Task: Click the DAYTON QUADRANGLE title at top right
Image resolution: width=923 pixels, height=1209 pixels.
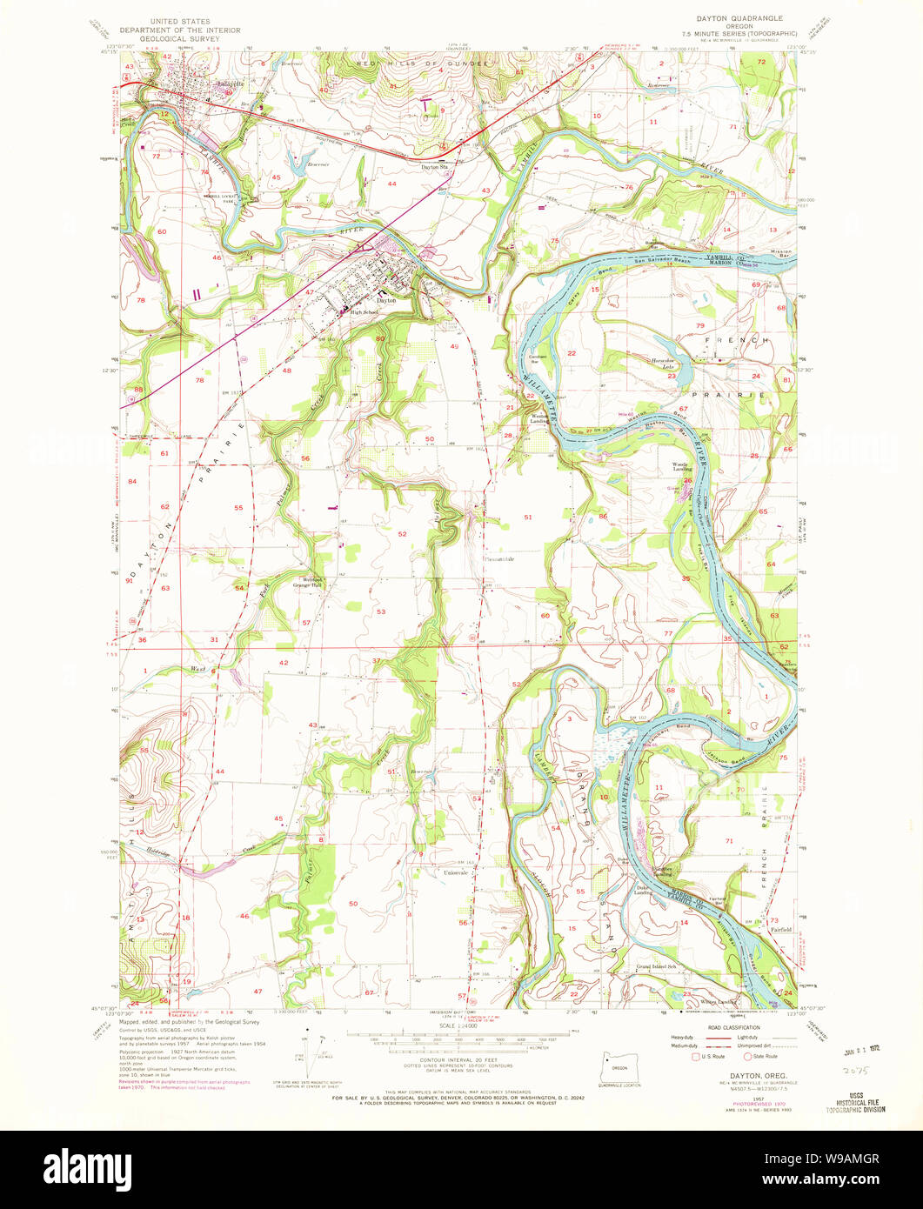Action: (x=739, y=17)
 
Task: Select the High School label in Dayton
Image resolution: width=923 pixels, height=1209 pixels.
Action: (x=365, y=312)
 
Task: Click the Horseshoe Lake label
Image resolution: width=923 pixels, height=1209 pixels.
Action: (x=658, y=364)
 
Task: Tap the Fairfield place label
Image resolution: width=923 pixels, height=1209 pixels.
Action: (x=779, y=929)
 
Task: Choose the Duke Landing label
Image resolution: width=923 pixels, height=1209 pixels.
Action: (x=643, y=889)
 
